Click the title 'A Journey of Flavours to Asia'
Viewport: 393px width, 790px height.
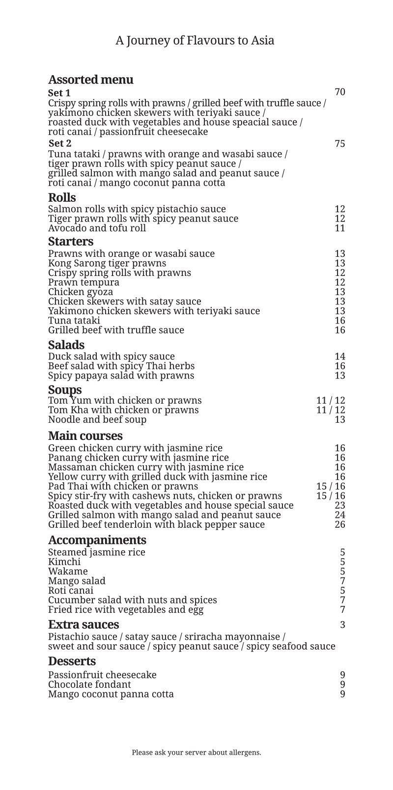195,40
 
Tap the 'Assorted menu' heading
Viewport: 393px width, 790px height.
90,80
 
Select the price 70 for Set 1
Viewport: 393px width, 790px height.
340,92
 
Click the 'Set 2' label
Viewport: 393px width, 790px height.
60,143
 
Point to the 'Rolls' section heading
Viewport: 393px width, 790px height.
62,197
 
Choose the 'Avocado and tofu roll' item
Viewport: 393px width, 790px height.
97,228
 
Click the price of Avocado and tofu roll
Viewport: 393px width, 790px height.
340,228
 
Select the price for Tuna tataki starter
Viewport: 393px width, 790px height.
340,321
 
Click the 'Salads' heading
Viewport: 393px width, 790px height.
66,345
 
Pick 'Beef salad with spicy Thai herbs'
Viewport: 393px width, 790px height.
121,366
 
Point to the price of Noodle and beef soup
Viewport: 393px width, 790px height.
340,419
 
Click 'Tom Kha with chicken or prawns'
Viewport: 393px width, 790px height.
123,409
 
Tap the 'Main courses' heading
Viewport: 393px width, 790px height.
85,436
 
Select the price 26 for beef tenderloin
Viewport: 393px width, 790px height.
340,524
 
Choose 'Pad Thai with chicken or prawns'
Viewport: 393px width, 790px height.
123,486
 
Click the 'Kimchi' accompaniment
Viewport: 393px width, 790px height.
64,562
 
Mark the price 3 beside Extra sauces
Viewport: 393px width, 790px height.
342,625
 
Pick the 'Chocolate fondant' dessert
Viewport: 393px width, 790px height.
89,684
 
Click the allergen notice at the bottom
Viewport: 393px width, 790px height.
196,752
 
